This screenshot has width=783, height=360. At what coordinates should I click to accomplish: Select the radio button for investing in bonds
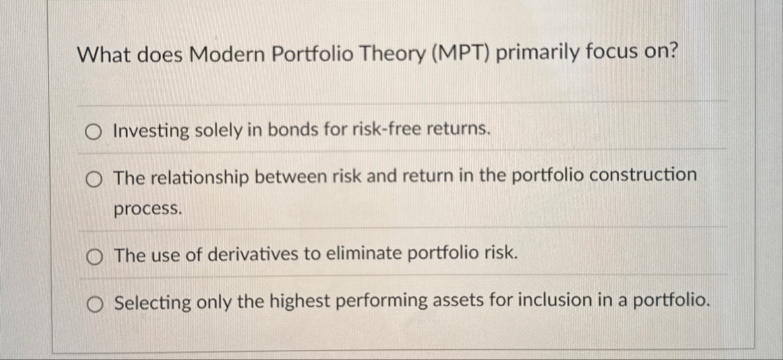[x=94, y=130]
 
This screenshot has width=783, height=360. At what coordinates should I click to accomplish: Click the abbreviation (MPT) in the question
[x=461, y=54]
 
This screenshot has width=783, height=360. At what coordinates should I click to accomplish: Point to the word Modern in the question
[x=226, y=55]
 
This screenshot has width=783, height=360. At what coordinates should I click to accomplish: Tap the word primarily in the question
[x=533, y=54]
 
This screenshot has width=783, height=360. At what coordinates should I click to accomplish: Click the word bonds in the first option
[x=291, y=129]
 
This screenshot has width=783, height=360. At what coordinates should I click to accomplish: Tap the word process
[x=148, y=210]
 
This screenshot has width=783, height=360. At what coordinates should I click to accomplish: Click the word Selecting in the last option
[x=153, y=303]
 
